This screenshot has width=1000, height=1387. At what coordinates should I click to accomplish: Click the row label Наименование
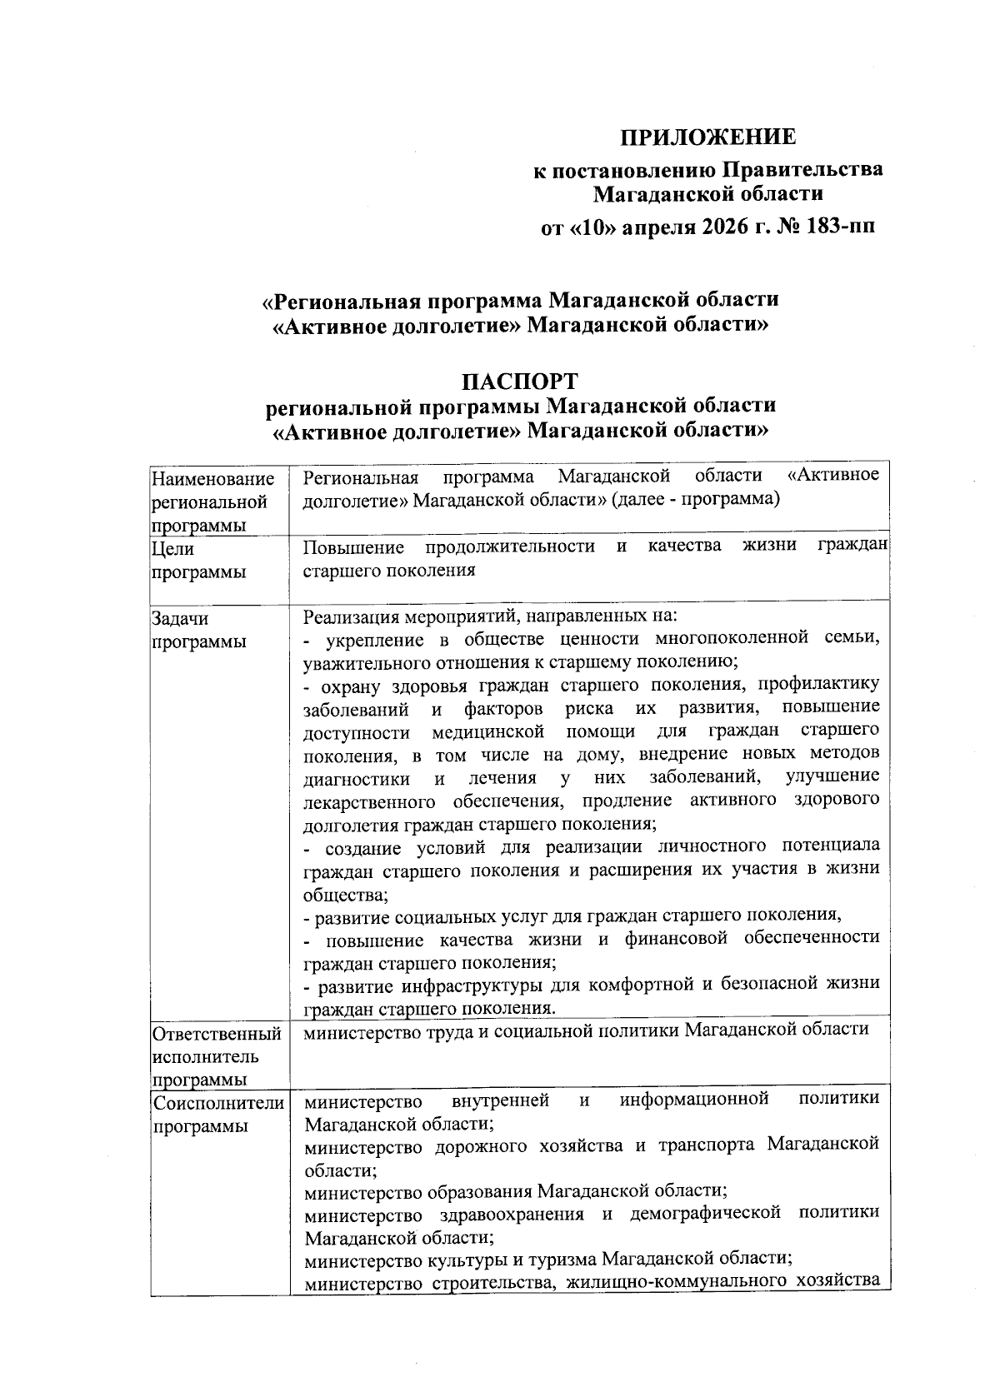click(x=213, y=479)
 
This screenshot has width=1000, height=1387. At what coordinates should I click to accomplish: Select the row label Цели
click(x=172, y=548)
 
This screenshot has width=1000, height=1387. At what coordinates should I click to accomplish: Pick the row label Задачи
click(x=180, y=619)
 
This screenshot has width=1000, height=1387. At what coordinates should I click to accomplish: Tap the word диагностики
click(x=357, y=778)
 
